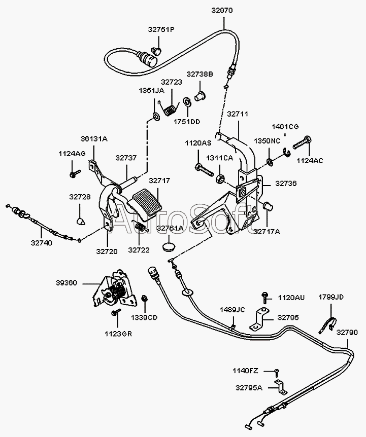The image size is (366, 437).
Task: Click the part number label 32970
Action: (222, 10)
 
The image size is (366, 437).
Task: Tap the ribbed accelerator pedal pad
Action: (145, 202)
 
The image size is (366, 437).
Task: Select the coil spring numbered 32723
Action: (168, 108)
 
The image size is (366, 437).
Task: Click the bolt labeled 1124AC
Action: (302, 142)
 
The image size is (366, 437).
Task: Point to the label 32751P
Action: (161, 29)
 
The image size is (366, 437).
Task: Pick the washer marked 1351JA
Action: (156, 116)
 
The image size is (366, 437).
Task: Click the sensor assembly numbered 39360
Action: (115, 288)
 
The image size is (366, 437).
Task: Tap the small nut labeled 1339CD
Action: (145, 299)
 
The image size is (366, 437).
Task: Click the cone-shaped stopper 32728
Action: (81, 221)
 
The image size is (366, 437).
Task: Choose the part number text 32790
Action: (347, 333)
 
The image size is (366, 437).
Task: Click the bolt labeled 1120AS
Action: (204, 169)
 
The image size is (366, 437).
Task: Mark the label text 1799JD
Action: (331, 297)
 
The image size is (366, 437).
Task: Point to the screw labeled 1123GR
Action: (116, 312)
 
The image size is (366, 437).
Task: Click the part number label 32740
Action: (41, 243)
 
